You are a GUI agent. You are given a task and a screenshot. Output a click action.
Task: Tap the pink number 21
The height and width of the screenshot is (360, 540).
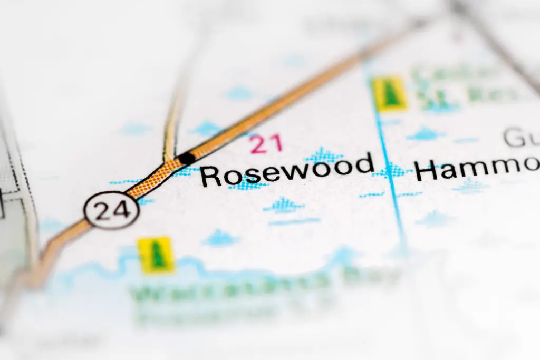[266, 144]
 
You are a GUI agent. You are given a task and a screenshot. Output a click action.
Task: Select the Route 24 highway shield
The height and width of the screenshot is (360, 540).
[112, 210]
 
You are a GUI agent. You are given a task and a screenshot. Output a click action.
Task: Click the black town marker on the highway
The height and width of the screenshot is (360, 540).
[187, 158]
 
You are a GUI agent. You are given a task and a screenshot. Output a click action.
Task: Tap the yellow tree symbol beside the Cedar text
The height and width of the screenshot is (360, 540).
[390, 94]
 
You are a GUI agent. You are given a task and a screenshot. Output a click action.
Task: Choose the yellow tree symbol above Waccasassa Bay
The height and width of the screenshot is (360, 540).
[157, 255]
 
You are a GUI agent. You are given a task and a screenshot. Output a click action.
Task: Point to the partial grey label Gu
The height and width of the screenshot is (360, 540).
[519, 138]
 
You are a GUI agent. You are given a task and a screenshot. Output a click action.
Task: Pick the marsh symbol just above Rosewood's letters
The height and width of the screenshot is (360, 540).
[323, 155]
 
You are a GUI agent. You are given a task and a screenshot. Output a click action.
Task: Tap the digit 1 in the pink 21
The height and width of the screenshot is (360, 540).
[276, 144]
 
